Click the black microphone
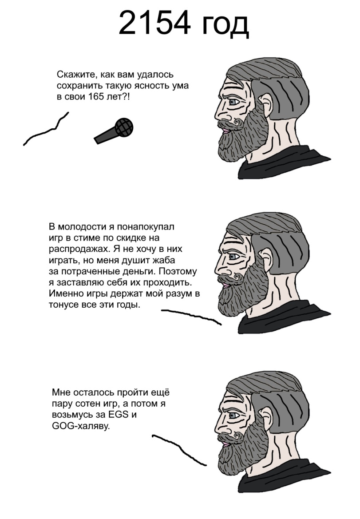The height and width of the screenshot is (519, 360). [115, 131]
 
